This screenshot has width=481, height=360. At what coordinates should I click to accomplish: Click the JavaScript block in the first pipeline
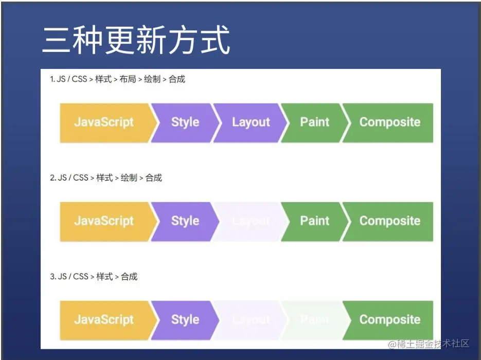104,122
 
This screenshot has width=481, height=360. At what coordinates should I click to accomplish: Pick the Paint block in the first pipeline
314,122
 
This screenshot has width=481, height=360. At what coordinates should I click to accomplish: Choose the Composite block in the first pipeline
389,122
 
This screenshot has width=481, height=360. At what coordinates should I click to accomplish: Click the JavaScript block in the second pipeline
104,221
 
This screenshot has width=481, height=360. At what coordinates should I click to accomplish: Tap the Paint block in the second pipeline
314,221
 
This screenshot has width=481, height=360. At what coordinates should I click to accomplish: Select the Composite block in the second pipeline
389,221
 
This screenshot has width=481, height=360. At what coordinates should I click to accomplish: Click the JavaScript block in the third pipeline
104,319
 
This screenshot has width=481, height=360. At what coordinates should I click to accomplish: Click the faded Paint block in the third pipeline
314,319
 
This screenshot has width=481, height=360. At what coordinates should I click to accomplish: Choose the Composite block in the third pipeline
389,319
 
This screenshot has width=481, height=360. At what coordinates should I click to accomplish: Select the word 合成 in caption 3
129,277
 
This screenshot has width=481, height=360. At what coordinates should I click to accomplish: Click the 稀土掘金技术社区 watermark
432,344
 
